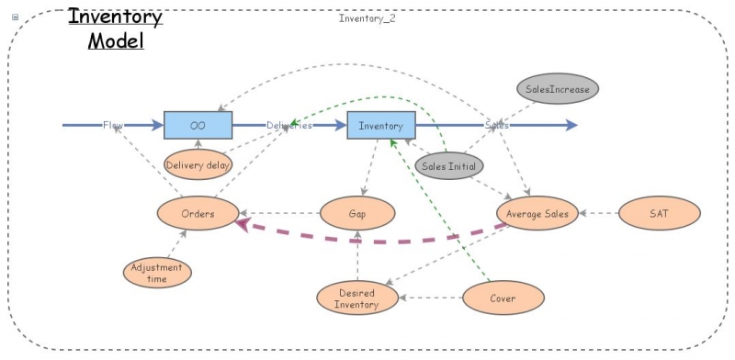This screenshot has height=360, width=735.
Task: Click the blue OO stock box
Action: pyautogui.click(x=198, y=125)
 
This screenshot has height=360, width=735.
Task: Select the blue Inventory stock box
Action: pyautogui.click(x=380, y=125)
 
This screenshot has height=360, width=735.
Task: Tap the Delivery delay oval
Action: pyautogui.click(x=198, y=164)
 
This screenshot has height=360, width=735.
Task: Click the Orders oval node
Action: pyautogui.click(x=198, y=213)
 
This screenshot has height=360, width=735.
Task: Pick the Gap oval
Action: pyautogui.click(x=357, y=213)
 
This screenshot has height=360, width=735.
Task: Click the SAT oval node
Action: pyautogui.click(x=659, y=213)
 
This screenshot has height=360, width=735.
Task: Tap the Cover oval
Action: pyautogui.click(x=503, y=298)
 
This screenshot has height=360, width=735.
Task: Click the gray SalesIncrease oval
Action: pyautogui.click(x=558, y=89)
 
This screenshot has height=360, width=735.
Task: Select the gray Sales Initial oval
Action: pyautogui.click(x=448, y=166)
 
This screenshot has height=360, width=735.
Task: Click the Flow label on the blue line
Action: pyautogui.click(x=113, y=125)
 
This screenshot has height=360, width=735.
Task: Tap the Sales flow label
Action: pyautogui.click(x=496, y=125)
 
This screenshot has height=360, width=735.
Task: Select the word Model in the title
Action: pyautogui.click(x=116, y=40)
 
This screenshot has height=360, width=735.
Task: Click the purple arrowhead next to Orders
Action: pyautogui.click(x=243, y=222)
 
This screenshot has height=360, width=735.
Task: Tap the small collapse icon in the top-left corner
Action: pyautogui.click(x=14, y=17)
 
